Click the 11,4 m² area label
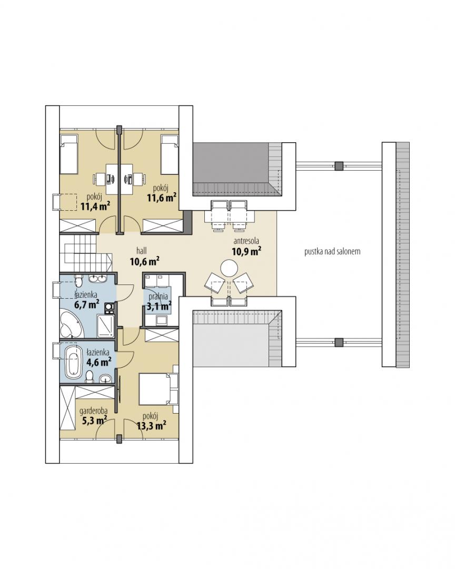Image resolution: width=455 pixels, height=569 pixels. (95, 206)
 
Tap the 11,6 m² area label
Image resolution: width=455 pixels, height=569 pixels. (162, 198)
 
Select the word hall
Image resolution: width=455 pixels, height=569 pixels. (142, 250)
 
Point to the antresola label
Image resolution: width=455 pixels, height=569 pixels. (246, 241)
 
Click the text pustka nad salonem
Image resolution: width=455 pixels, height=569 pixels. (332, 251)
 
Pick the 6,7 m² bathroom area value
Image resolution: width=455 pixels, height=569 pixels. (87, 304)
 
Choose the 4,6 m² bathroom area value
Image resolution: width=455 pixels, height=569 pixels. (98, 361)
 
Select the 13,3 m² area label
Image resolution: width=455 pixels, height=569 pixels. (152, 425)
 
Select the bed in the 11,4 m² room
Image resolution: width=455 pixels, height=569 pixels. (69, 154)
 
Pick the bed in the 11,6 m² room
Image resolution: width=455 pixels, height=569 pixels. (170, 154)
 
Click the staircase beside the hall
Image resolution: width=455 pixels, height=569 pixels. (85, 252)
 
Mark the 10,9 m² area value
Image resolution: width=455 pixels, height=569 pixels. (247, 251)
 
